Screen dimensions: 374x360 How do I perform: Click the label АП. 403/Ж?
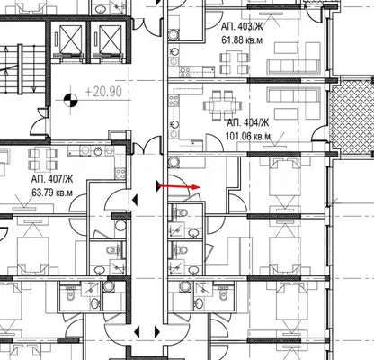point(242,27)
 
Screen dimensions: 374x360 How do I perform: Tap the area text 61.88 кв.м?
point(242,40)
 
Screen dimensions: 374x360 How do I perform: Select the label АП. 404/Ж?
point(248,122)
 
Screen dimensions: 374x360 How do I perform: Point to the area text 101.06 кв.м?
point(248,137)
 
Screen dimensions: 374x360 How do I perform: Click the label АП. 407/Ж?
point(52,179)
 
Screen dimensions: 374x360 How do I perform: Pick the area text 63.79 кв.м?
point(52,193)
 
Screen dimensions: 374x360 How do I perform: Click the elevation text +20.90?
point(103,92)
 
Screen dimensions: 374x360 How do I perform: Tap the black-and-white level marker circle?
point(71,100)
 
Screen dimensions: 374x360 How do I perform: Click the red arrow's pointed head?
point(196,187)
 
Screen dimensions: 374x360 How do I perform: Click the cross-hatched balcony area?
point(352,118)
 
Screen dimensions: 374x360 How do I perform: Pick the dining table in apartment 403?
point(235,63)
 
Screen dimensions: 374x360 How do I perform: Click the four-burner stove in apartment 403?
point(185,72)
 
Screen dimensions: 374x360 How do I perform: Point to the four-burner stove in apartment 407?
point(120,174)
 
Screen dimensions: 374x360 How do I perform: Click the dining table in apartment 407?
point(43,159)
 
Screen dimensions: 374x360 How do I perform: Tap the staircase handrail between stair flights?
point(20,69)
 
